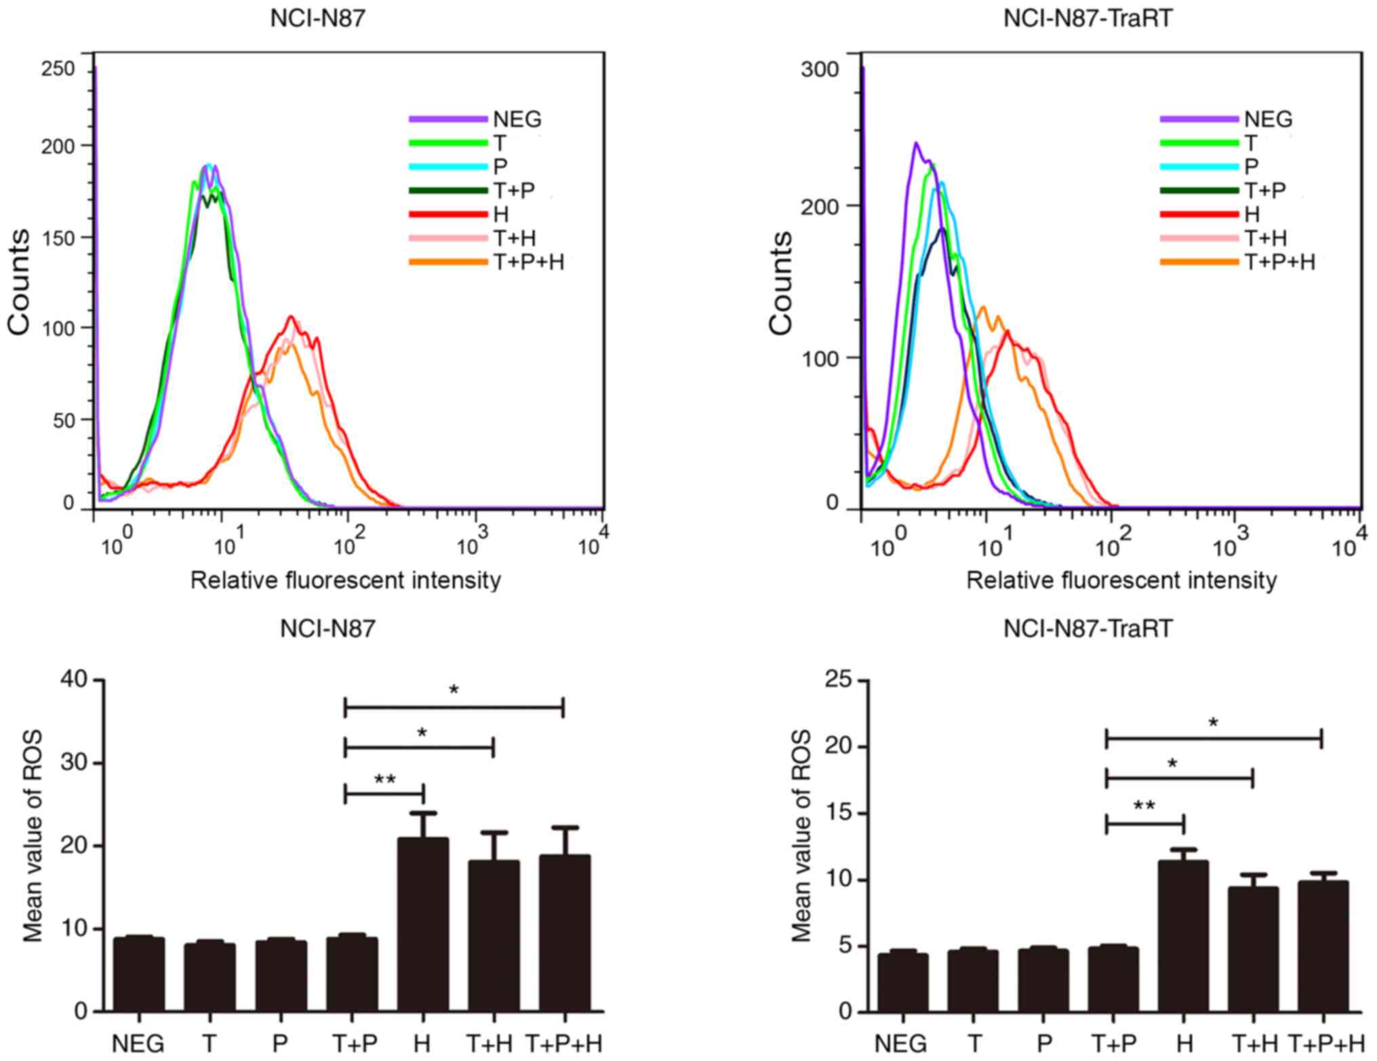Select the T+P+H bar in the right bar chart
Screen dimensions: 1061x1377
(1323, 946)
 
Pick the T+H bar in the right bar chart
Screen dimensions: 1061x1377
(1253, 949)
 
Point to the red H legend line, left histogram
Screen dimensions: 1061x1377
(447, 214)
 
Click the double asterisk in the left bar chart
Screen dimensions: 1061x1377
(384, 780)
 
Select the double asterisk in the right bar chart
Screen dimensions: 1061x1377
(1144, 807)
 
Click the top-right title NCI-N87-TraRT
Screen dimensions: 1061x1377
(1088, 18)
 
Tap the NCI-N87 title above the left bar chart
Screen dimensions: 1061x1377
(327, 628)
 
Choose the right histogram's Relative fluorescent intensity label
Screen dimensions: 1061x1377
(1121, 580)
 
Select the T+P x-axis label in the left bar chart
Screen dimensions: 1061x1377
(354, 1043)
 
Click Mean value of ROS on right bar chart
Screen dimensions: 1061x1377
(801, 835)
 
